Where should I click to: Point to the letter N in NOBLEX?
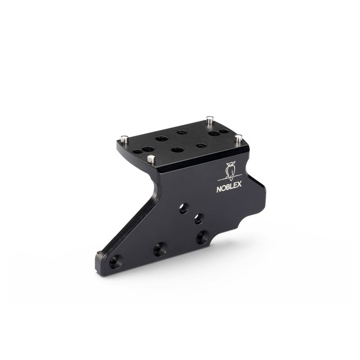tap(219, 189)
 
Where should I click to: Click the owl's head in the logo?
tap(230, 166)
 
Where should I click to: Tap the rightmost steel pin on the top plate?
tap(238, 139)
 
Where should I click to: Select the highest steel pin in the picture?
tap(209, 119)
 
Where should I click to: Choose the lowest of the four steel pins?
tap(150, 159)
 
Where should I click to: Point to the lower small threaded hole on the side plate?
tap(199, 219)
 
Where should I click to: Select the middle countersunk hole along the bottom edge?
tap(160, 249)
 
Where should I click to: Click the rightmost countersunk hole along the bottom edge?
tap(202, 238)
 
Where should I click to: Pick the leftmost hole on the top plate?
tap(137, 152)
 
